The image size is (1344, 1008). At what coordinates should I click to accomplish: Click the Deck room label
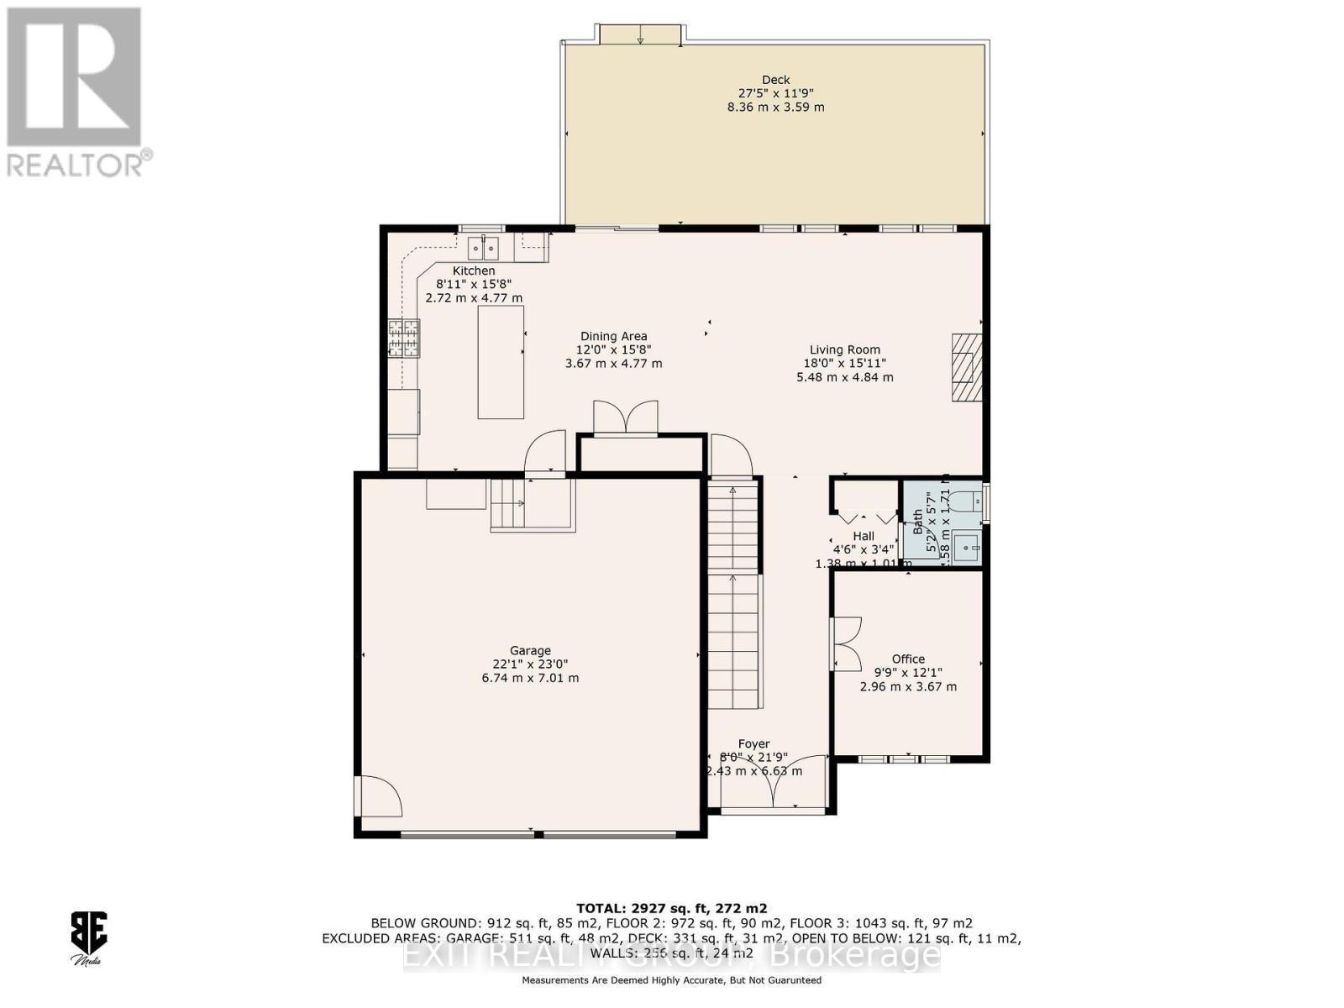click(775, 80)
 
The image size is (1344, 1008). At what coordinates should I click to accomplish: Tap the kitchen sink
click(483, 249)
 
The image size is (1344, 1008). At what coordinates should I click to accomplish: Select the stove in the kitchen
click(403, 339)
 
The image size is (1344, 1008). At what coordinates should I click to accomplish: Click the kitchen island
click(501, 362)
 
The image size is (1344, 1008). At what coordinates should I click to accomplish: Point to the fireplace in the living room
click(966, 368)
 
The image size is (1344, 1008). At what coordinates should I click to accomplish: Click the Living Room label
click(844, 349)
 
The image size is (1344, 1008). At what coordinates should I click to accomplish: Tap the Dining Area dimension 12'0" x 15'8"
click(613, 349)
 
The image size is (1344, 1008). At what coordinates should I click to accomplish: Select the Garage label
click(530, 650)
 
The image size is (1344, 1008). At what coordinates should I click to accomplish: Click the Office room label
click(908, 659)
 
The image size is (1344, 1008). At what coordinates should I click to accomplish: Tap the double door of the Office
click(845, 644)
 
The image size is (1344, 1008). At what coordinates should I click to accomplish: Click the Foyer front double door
click(773, 785)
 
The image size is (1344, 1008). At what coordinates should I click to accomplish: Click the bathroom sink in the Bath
click(967, 548)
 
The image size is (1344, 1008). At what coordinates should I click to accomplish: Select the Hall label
click(864, 536)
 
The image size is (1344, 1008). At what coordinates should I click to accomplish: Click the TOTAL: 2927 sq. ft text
click(671, 908)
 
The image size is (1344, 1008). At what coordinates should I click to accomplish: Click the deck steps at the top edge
click(640, 34)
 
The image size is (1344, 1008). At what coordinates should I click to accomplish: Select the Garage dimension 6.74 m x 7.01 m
click(530, 678)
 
